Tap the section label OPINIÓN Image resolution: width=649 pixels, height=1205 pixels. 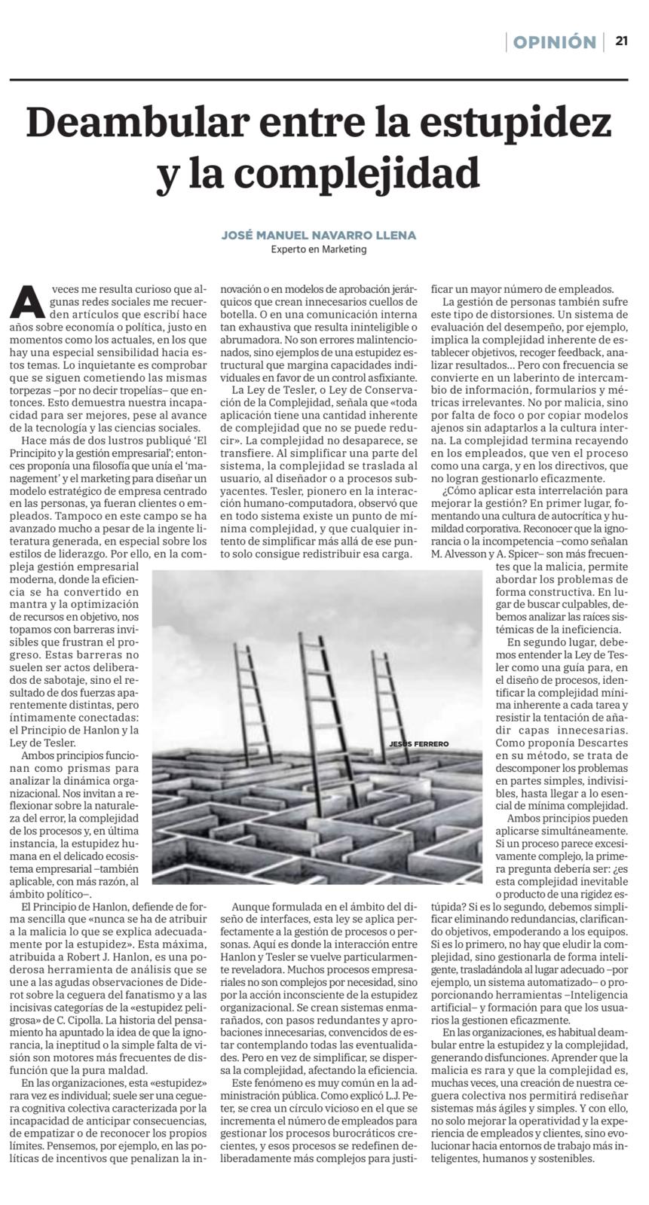pos(554,42)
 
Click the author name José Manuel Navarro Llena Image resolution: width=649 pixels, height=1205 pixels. pos(318,235)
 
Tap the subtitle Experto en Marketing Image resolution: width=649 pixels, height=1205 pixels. pos(319,249)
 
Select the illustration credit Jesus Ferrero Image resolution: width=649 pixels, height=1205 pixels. pos(418,744)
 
